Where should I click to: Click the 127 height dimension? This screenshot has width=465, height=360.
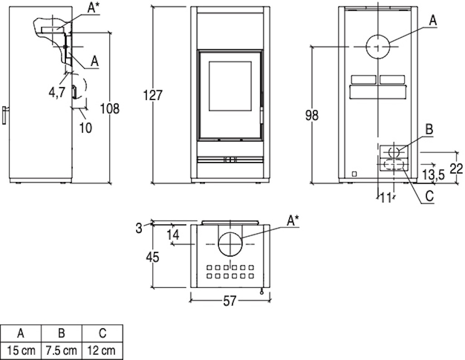(153, 95)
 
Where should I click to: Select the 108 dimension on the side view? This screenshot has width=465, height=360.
(109, 108)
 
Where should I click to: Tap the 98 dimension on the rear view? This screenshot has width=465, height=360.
(312, 115)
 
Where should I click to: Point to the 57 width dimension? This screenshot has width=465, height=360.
(229, 301)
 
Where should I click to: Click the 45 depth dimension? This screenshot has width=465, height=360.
(153, 257)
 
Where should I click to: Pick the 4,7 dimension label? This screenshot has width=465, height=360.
(57, 93)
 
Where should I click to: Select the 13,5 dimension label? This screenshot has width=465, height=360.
(434, 175)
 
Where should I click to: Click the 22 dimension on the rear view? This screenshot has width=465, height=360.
(456, 168)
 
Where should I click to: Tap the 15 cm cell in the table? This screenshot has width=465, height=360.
(21, 350)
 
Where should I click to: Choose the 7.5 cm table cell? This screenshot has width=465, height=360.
(61, 350)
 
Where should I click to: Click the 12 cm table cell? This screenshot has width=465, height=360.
(102, 350)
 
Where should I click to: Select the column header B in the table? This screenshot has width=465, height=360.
(61, 333)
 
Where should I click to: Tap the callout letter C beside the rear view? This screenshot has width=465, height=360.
(430, 196)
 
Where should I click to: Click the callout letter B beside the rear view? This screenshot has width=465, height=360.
(429, 129)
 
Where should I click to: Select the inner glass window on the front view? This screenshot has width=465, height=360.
(230, 87)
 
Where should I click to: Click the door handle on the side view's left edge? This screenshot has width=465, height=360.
(4, 115)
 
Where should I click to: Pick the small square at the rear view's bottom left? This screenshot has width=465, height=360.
(354, 174)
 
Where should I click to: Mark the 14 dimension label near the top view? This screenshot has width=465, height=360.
(173, 235)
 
